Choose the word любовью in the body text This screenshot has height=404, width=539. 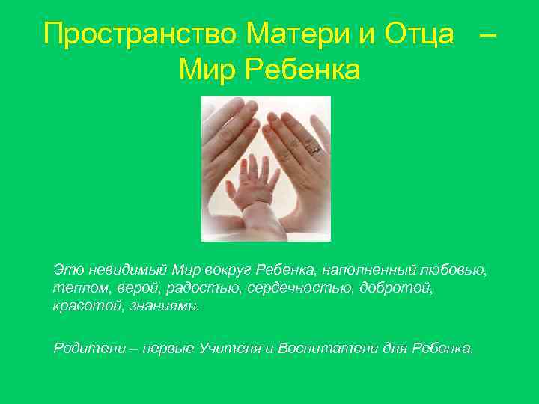[x=457, y=269]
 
